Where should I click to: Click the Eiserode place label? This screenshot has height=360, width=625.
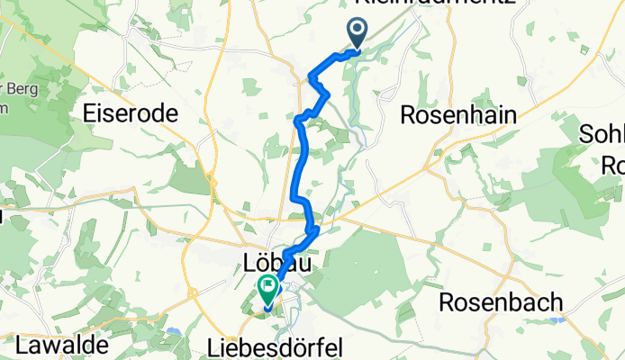[130, 113]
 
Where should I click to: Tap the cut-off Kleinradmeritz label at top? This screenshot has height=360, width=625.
[437, 4]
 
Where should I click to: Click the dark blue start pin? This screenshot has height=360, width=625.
[358, 34]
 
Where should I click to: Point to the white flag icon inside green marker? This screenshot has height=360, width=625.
[268, 288]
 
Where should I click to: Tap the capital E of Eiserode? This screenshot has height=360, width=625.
[88, 113]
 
